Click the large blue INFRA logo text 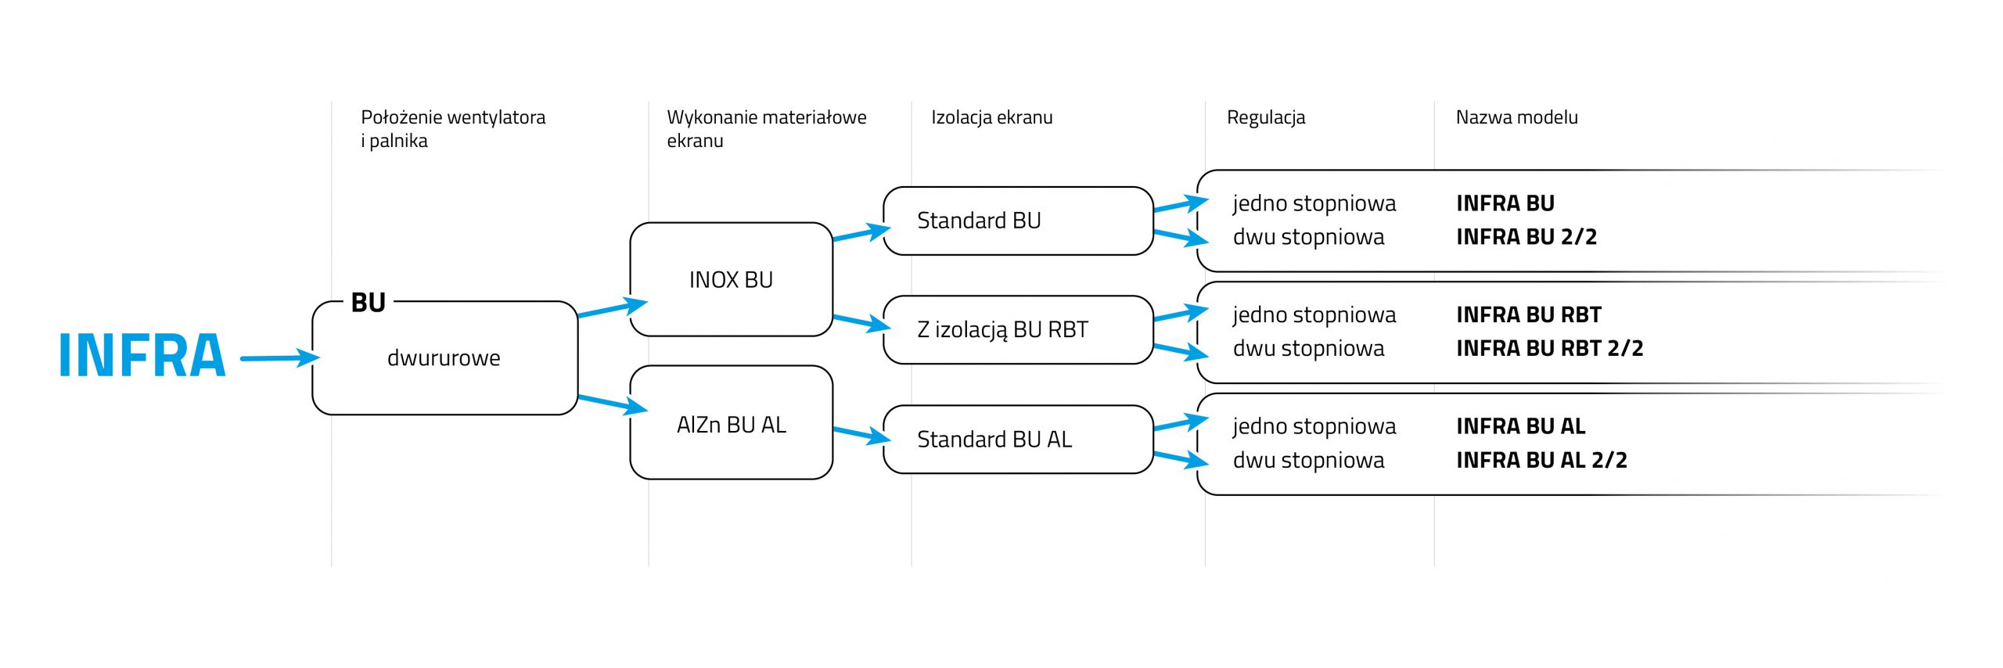[142, 355]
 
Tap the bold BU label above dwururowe [369, 303]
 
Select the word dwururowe [444, 358]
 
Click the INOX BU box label [731, 280]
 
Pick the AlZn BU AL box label [731, 425]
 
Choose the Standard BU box [1018, 221]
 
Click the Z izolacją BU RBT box [1018, 329]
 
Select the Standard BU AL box [1018, 439]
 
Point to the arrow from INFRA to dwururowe [280, 358]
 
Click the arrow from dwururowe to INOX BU [613, 308]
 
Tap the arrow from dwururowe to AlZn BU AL [613, 404]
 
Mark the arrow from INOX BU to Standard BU [861, 233]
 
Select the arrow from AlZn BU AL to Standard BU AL [861, 434]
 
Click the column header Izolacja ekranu [991, 117]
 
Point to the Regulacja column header [1266, 118]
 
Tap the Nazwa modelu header [1516, 117]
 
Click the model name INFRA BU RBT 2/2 [1549, 348]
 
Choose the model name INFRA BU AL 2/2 [1541, 460]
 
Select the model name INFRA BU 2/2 [1526, 236]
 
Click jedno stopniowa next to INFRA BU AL [1314, 427]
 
